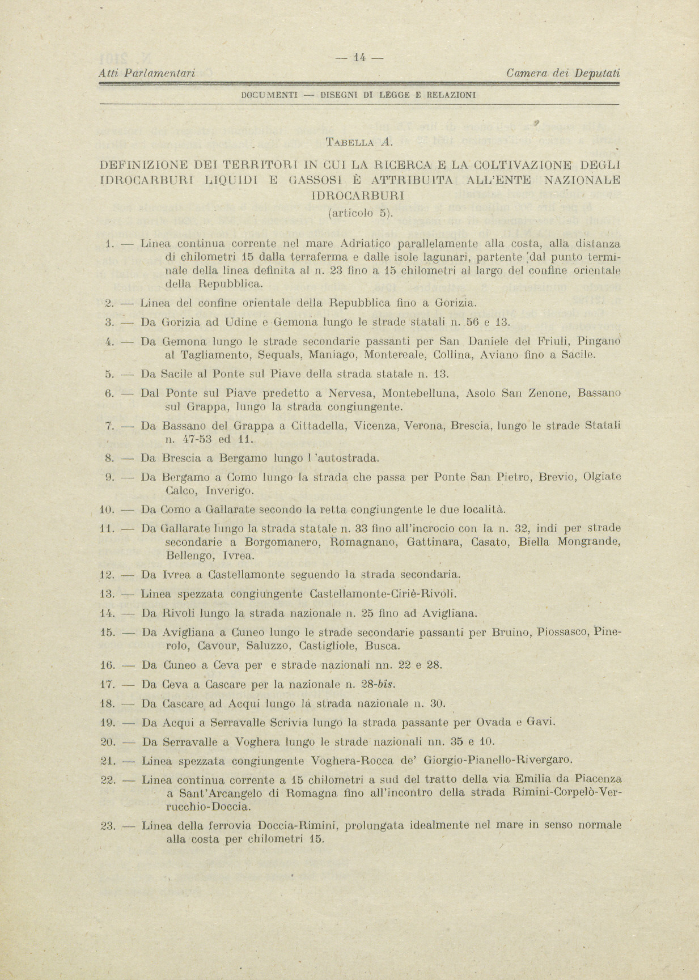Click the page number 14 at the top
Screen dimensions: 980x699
[360, 57]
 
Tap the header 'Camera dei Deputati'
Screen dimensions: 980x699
[563, 73]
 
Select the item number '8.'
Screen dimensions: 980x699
[111, 458]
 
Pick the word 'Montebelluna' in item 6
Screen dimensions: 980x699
[419, 393]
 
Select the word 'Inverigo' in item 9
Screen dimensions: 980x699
[226, 490]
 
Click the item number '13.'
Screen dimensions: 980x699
[108, 594]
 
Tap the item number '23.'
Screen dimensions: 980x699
[108, 826]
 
